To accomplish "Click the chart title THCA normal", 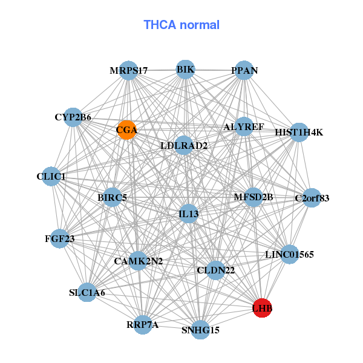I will [x=181, y=25].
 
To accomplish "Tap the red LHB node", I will [x=263, y=309].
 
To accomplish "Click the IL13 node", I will [x=189, y=214].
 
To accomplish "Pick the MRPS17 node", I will [x=128, y=71].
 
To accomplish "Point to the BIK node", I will [x=186, y=70].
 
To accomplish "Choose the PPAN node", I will [x=244, y=71].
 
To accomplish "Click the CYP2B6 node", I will [x=73, y=117].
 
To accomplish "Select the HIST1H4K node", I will [x=299, y=132].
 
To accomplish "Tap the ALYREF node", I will [x=243, y=127].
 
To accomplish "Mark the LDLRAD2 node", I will [x=184, y=146].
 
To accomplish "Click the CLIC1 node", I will [x=52, y=177].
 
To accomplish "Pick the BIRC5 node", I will [x=112, y=197].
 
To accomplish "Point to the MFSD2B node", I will [x=253, y=197].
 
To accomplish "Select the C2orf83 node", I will [x=312, y=198].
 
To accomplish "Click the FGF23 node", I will [x=59, y=239].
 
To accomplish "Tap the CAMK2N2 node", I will [x=138, y=261].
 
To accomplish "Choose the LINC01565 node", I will [x=289, y=255].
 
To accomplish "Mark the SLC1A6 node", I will [x=87, y=293].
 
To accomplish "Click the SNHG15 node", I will [x=201, y=330].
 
